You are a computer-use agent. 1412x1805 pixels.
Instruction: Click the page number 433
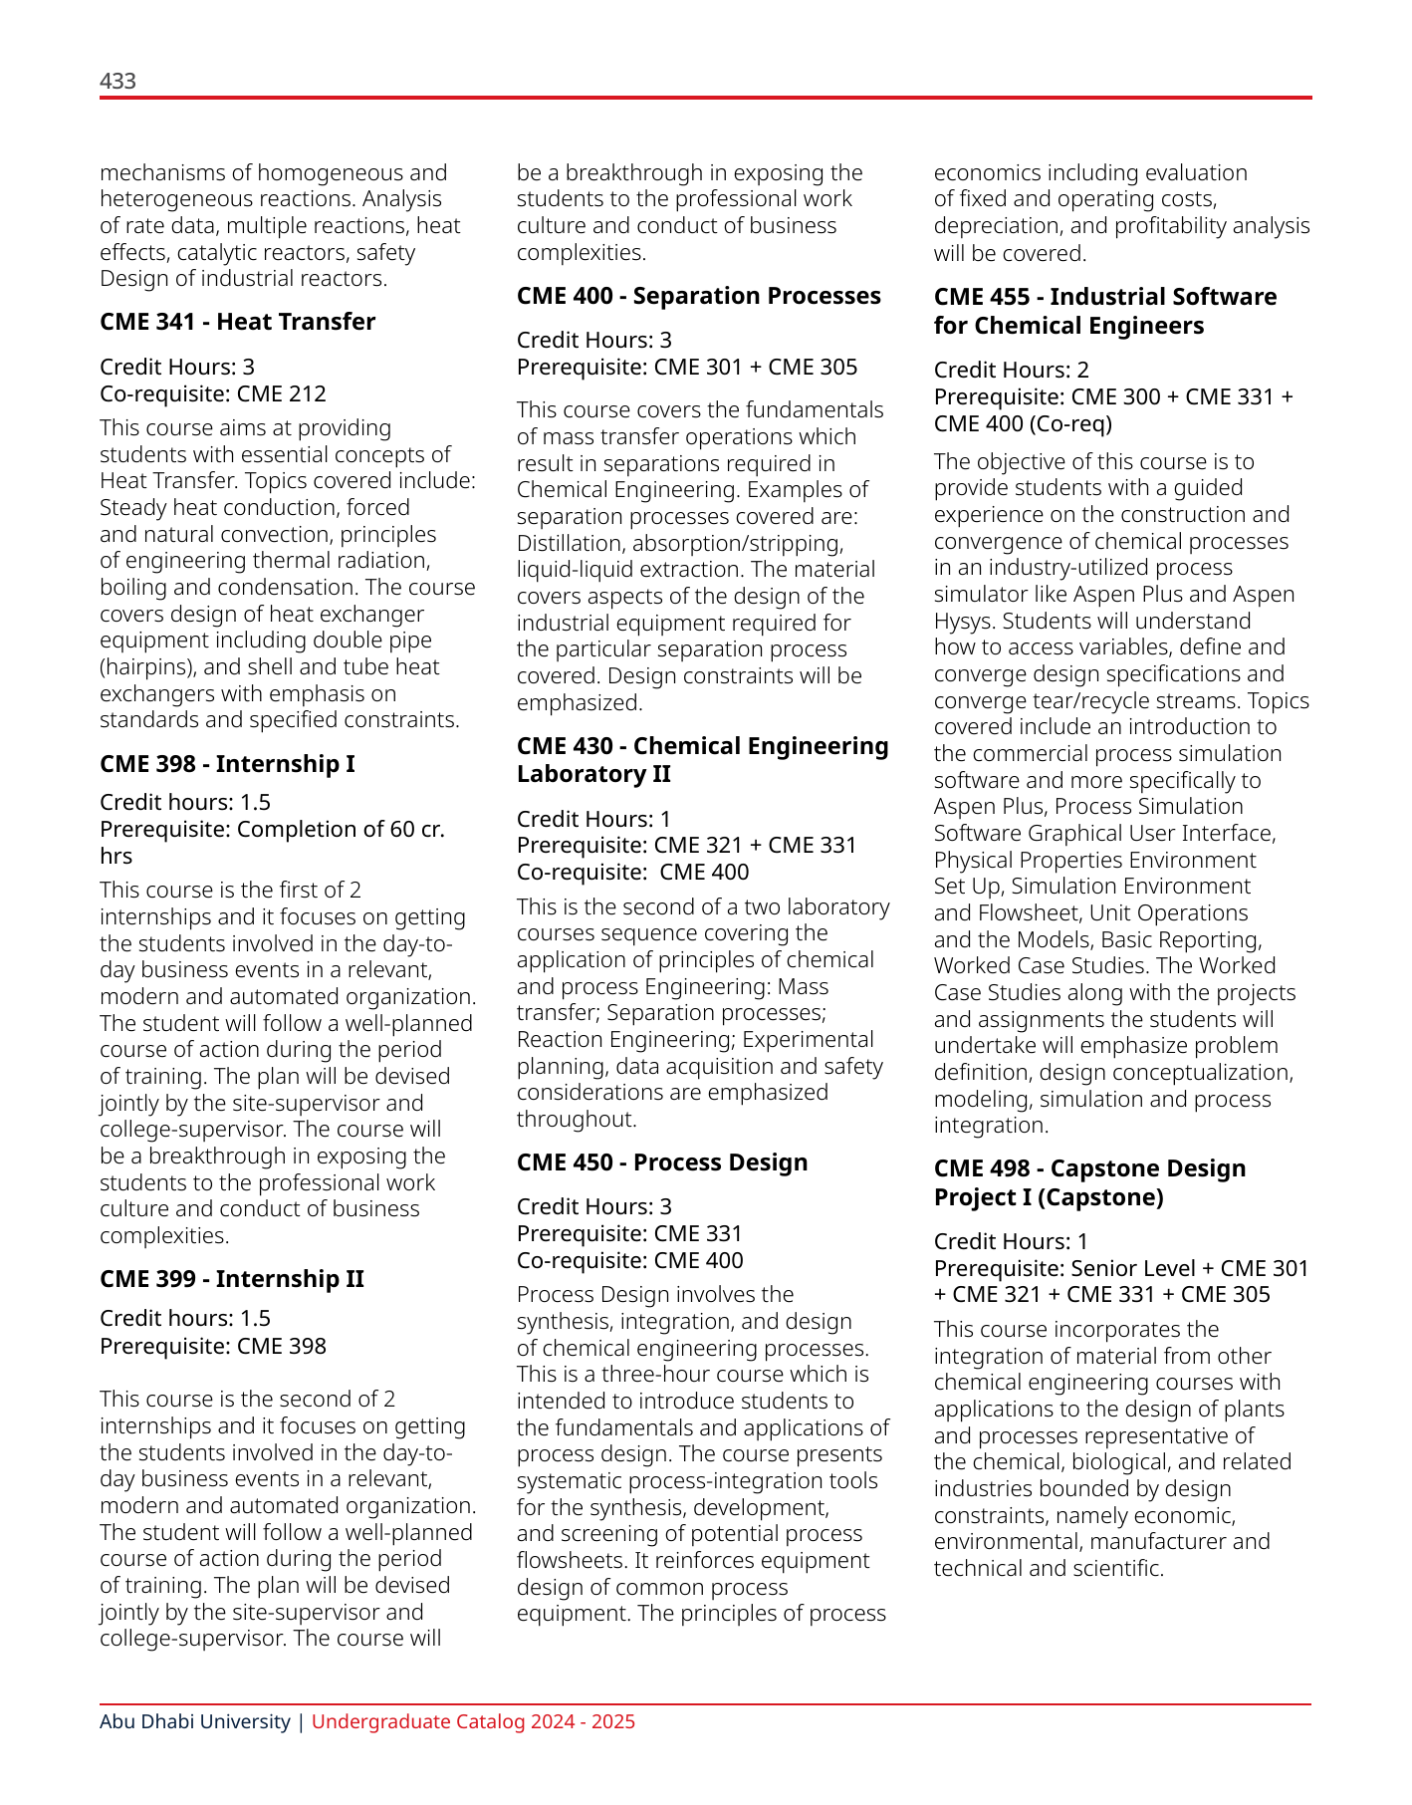pos(118,81)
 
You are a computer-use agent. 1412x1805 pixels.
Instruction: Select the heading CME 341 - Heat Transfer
pos(237,322)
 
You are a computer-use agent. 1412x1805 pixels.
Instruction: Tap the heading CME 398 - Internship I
pos(227,764)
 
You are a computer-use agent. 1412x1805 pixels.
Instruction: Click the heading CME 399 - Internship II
pos(231,1279)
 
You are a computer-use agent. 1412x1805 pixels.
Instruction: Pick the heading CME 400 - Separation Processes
pos(698,296)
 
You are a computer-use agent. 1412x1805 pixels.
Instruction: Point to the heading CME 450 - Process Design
pos(661,1162)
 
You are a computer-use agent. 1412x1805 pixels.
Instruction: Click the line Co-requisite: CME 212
pos(212,393)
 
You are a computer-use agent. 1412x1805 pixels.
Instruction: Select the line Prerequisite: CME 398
pos(212,1346)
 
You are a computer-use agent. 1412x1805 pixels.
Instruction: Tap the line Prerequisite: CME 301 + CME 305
pos(686,367)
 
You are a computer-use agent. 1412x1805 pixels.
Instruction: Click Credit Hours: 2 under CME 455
pos(1011,371)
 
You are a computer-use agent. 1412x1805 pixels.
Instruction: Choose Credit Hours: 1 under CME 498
pos(1011,1241)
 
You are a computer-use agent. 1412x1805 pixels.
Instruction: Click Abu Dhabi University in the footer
pos(194,1721)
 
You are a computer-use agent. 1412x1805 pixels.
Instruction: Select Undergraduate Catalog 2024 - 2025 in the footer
pos(473,1721)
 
